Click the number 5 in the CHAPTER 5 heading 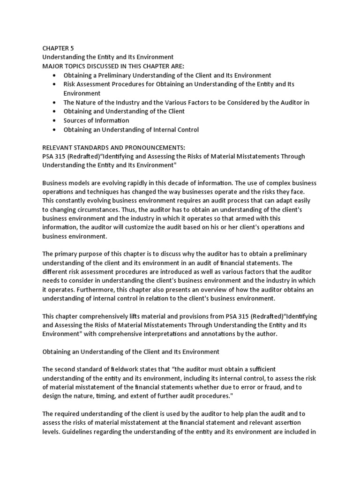(71, 48)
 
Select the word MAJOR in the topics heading (53, 66)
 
